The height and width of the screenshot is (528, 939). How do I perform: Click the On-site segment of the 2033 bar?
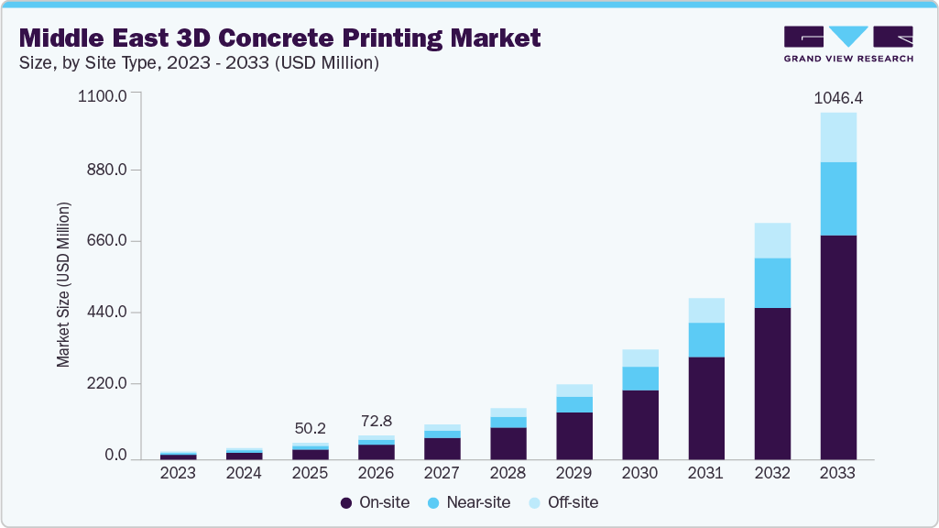click(x=837, y=347)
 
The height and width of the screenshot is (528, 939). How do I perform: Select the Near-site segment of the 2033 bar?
click(x=837, y=199)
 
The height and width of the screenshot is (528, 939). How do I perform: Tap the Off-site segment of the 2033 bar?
click(x=837, y=137)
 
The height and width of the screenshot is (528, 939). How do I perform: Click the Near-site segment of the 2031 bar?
click(x=705, y=340)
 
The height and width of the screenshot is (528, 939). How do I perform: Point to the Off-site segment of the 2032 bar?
click(x=771, y=240)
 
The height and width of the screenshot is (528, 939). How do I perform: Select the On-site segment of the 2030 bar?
click(x=639, y=424)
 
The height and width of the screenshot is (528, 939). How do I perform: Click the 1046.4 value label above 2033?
click(x=837, y=97)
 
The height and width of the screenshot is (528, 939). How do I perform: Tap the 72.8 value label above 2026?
click(x=376, y=421)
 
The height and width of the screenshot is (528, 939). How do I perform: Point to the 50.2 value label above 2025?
click(x=310, y=428)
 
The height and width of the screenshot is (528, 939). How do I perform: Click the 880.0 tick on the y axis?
click(x=107, y=170)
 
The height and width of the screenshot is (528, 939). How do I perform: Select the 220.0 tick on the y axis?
click(x=107, y=384)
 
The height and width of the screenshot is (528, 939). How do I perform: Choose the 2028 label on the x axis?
click(x=508, y=474)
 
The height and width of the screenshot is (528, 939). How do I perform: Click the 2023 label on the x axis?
click(x=178, y=474)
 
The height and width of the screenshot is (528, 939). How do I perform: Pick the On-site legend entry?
click(x=375, y=502)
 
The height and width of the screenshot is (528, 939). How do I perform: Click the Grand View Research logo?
click(x=848, y=43)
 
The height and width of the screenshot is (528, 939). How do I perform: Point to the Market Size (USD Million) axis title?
click(x=63, y=284)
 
